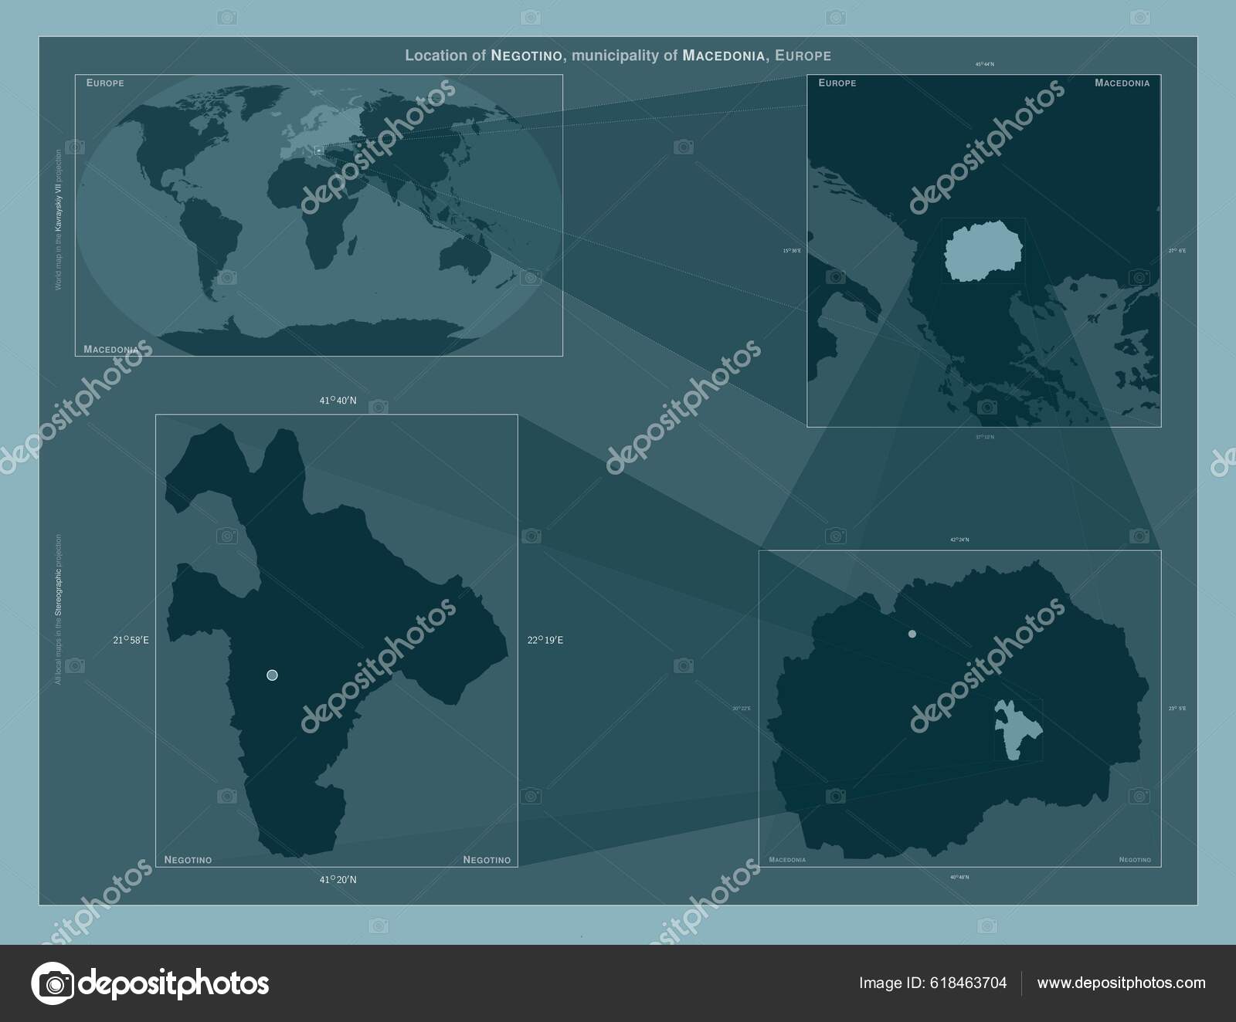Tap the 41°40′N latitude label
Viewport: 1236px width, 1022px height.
coord(338,401)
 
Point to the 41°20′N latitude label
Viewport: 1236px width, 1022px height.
coord(338,879)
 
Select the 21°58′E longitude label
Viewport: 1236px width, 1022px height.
coord(131,640)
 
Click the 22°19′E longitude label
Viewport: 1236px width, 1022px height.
coord(545,640)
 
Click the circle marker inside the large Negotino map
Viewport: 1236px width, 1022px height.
coord(272,675)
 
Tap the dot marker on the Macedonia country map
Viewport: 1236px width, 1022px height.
coord(912,634)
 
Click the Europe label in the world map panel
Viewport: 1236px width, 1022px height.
coord(105,83)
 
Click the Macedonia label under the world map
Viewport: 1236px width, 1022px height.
coord(111,350)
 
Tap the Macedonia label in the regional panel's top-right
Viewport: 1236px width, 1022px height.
coord(1122,83)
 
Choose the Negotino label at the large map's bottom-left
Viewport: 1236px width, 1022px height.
coord(188,860)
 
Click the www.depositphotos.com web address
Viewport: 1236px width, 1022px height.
coord(1121,983)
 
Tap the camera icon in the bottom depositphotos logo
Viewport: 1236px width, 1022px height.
coord(53,983)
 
